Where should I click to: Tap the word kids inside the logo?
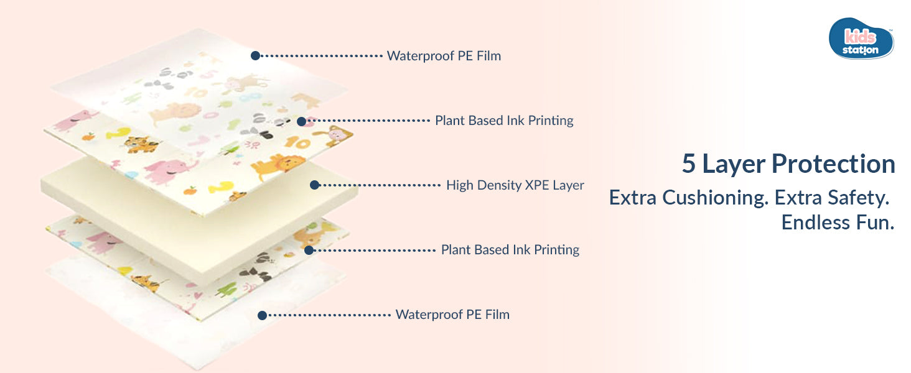[x=859, y=36]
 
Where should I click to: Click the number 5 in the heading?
[x=688, y=164]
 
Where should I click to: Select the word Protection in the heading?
[x=833, y=164]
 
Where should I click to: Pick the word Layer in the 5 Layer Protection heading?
[x=734, y=164]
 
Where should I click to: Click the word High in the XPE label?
[x=459, y=185]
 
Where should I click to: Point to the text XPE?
[x=533, y=185]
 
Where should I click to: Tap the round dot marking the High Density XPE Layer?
[x=315, y=185]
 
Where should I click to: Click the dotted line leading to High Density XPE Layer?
[x=380, y=185]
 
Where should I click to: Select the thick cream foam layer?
[x=187, y=205]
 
